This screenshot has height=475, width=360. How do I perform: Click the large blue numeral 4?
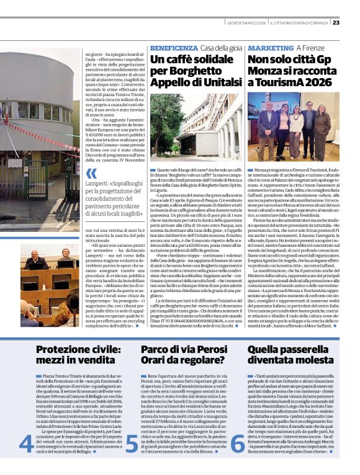click(x=26, y=443)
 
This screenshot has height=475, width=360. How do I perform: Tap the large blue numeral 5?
click(x=132, y=443)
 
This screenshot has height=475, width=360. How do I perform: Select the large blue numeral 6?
click(x=238, y=443)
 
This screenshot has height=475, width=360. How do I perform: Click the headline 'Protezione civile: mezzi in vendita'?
click(x=68, y=355)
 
